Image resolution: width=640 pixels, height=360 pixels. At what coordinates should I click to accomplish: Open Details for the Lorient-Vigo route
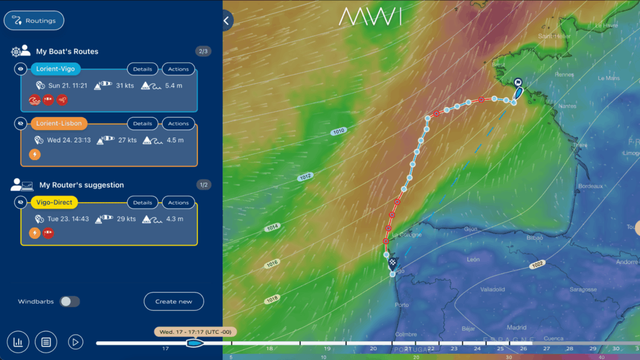(x=142, y=69)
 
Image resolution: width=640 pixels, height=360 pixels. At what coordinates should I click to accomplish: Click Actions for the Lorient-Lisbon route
(x=178, y=123)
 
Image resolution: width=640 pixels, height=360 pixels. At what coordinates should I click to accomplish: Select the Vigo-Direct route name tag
(x=53, y=202)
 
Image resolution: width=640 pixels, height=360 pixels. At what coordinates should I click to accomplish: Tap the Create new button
(x=174, y=301)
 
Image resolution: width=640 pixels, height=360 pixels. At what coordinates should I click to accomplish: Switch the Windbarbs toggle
(x=69, y=301)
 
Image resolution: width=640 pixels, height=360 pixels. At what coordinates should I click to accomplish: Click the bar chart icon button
(x=18, y=342)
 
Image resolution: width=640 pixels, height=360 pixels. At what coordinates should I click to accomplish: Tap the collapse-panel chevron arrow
(x=226, y=21)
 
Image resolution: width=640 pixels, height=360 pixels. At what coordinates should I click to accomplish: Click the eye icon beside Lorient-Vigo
(x=21, y=69)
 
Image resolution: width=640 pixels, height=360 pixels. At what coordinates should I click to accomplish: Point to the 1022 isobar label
(x=536, y=265)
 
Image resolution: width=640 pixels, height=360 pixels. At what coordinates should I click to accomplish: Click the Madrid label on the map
(x=516, y=327)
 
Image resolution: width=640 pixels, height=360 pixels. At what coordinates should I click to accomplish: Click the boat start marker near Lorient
(x=517, y=82)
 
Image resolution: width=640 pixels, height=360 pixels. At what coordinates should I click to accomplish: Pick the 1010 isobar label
(x=338, y=131)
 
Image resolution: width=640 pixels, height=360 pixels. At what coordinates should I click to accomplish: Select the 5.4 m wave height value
(x=174, y=86)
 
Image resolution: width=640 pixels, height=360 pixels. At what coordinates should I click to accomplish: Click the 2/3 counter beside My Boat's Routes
(x=203, y=51)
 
